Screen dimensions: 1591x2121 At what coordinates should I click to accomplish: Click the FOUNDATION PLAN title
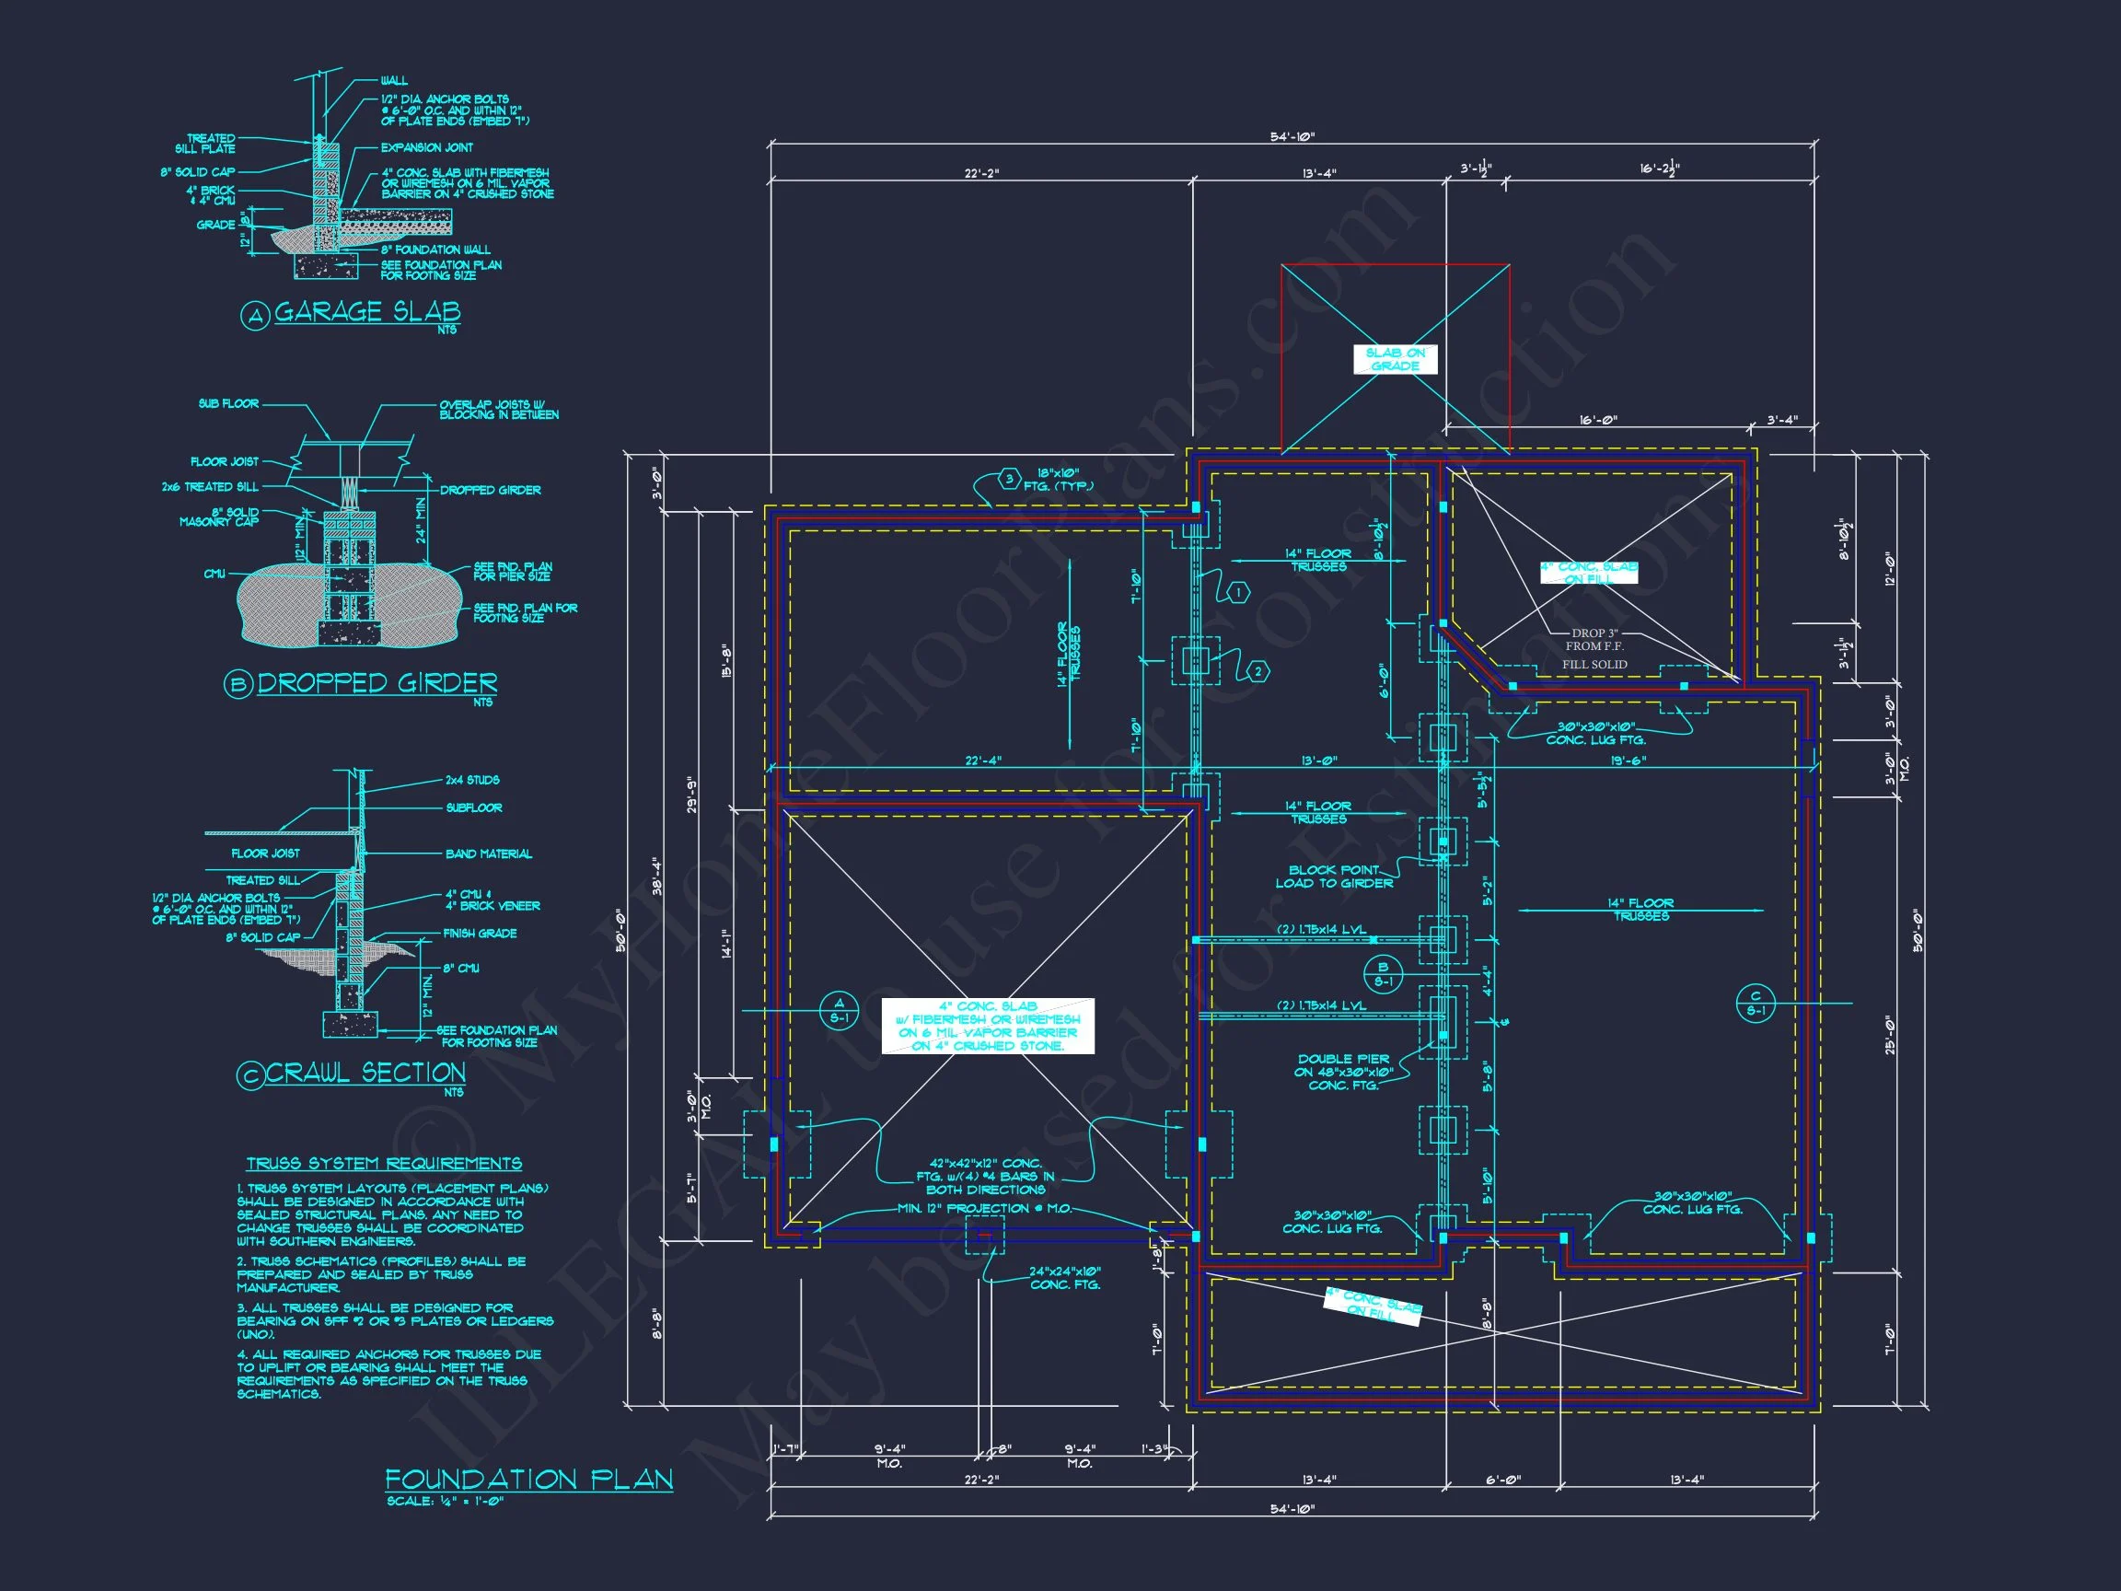point(528,1479)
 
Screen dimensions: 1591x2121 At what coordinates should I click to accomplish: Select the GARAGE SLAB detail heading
point(367,312)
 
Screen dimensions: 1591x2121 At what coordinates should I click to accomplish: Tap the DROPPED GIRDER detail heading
point(377,683)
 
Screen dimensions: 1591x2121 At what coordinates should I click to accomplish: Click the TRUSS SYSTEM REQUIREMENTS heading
point(384,1163)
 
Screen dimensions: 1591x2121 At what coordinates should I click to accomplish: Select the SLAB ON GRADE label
point(1396,360)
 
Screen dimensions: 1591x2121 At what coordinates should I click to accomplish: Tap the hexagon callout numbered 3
point(1009,479)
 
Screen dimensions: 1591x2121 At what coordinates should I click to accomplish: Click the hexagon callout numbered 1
point(1239,593)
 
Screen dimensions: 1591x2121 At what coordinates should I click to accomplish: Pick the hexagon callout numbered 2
point(1258,672)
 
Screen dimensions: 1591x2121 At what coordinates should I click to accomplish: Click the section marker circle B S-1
point(1383,974)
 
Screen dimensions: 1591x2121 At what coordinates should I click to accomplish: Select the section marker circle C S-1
point(1756,1004)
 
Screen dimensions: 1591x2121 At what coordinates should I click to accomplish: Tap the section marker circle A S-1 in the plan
point(839,1011)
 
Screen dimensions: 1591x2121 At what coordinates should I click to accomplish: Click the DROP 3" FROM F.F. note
point(1594,641)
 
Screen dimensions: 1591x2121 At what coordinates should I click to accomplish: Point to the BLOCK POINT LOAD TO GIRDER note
point(1334,877)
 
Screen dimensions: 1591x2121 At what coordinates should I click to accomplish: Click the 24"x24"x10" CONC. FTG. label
point(1064,1278)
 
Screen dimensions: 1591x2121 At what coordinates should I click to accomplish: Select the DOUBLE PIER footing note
point(1342,1072)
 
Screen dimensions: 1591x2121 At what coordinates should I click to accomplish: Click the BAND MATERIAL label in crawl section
point(488,854)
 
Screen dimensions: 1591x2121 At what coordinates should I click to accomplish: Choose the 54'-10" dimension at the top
point(1292,137)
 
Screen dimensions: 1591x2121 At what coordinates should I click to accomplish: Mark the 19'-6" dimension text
point(1628,761)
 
